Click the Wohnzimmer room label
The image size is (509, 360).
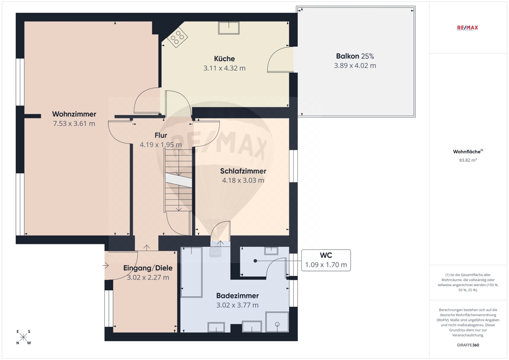(74, 114)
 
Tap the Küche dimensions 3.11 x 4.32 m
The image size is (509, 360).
(224, 68)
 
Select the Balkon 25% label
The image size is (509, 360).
(355, 56)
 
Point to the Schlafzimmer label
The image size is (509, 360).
(243, 171)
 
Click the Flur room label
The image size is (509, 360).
(161, 135)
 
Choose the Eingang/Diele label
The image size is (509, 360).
(148, 268)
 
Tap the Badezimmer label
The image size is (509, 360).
(238, 296)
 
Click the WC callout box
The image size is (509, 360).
(326, 260)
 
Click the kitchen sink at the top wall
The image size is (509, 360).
(229, 27)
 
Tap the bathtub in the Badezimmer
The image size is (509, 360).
(191, 272)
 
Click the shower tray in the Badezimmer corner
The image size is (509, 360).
(277, 322)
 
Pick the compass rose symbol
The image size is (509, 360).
(23, 337)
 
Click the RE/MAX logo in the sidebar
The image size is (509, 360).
(467, 27)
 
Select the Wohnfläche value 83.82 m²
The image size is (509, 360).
(468, 160)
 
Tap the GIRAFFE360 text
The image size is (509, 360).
(468, 345)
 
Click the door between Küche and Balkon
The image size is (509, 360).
(280, 60)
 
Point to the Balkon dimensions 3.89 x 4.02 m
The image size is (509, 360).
(355, 66)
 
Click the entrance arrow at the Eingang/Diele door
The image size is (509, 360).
(105, 265)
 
